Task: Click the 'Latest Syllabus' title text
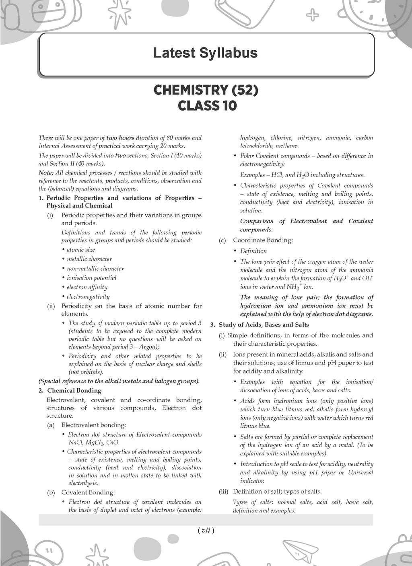pos(206,53)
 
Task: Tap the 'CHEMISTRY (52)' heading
pos(206,90)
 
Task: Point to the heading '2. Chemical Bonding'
pos(74,390)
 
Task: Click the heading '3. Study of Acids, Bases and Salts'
pos(260,324)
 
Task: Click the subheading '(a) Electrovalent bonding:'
pos(93,425)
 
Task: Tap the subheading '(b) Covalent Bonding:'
pos(88,492)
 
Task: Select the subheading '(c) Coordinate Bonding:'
pos(263,240)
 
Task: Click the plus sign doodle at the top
pos(313,16)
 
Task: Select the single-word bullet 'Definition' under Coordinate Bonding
pos(253,251)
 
